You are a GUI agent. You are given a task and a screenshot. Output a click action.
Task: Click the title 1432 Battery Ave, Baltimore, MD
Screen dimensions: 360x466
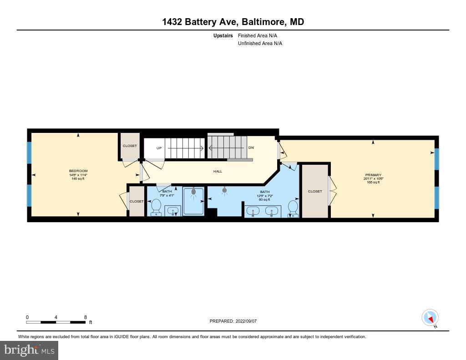pos(233,22)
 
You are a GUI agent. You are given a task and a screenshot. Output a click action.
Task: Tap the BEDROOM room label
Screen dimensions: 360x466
pos(78,171)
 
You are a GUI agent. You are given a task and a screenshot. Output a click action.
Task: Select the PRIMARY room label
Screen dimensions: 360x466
pos(373,175)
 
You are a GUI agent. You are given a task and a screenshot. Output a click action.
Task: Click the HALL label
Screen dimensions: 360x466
pos(218,171)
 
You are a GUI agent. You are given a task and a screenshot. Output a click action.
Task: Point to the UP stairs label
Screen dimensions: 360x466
pos(159,148)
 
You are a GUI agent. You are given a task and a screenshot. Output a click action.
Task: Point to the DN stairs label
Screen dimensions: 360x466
pos(251,148)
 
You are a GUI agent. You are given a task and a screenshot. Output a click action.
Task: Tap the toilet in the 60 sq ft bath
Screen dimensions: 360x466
pos(293,208)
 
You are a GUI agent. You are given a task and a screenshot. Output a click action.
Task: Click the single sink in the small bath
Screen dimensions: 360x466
pos(172,210)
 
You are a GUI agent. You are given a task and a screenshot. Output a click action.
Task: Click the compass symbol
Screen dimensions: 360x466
pos(430,317)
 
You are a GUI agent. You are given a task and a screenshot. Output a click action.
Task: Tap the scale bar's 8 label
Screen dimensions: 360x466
pos(85,317)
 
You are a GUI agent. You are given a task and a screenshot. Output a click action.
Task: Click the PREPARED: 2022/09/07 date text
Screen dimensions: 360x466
pos(233,321)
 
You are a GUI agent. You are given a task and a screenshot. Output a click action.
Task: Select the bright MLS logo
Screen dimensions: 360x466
pos(29,350)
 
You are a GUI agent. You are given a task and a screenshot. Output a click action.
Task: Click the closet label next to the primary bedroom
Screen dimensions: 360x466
pos(315,192)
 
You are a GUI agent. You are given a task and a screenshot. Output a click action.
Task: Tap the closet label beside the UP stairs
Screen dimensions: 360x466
pos(130,146)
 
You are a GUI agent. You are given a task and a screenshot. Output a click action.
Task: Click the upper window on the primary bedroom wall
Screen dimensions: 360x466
pos(436,159)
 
